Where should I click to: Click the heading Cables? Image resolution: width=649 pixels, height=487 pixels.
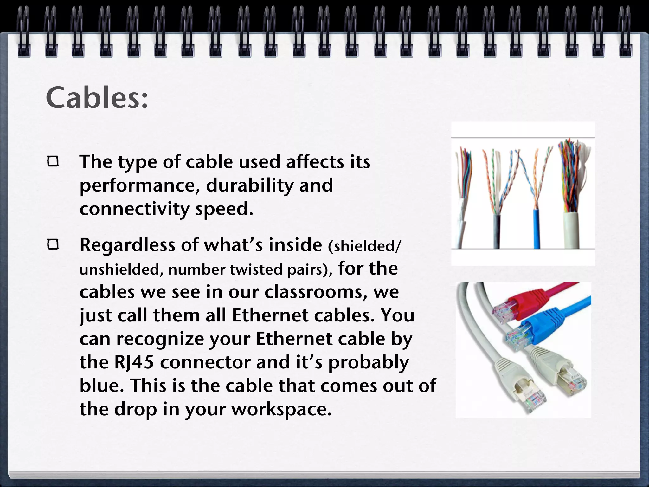[x=97, y=97]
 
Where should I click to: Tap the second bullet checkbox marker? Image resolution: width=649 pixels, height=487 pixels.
[x=53, y=244]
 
